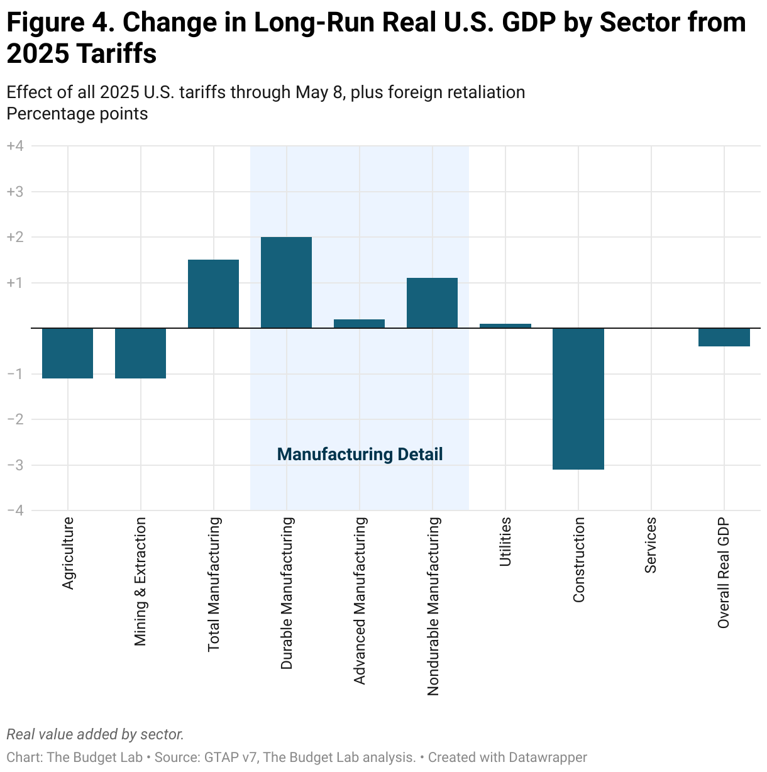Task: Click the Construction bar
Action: pos(578,399)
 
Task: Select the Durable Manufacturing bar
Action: pos(286,282)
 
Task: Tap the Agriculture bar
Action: pos(67,353)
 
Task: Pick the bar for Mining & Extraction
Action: pos(140,353)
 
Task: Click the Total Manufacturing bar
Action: pos(213,294)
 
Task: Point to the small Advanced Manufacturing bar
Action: pos(359,324)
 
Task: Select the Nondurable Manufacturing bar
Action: pos(432,303)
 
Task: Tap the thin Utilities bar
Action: pos(505,326)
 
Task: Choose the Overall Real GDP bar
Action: pos(724,337)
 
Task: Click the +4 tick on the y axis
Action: pos(15,146)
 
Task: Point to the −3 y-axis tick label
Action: pos(15,465)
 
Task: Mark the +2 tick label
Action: pos(15,237)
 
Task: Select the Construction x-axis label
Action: pos(579,560)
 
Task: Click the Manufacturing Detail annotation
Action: pos(360,455)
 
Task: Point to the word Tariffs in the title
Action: pos(114,54)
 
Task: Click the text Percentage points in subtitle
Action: pos(77,114)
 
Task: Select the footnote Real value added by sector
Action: pos(95,734)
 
